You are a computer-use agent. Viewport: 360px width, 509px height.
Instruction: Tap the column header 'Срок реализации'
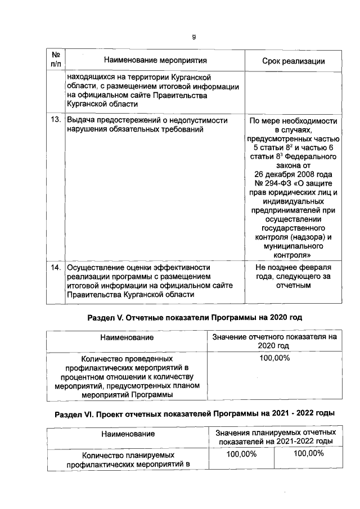[294, 61]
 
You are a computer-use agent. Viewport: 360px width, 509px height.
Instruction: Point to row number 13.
[55, 120]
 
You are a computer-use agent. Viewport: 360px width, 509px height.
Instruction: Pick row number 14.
[55, 268]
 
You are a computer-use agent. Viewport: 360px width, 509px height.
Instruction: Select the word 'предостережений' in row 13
[128, 120]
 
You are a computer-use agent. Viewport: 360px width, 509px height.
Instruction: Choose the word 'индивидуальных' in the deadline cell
[294, 203]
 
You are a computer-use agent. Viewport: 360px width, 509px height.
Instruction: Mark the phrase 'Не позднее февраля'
[293, 267]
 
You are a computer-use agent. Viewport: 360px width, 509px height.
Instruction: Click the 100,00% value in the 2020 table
[274, 358]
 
